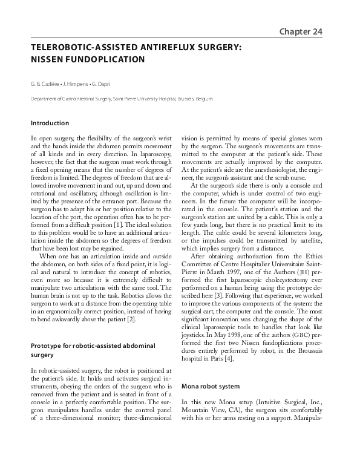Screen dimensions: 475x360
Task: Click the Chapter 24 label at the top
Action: tap(302, 31)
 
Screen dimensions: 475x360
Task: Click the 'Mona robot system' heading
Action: tap(211, 385)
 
